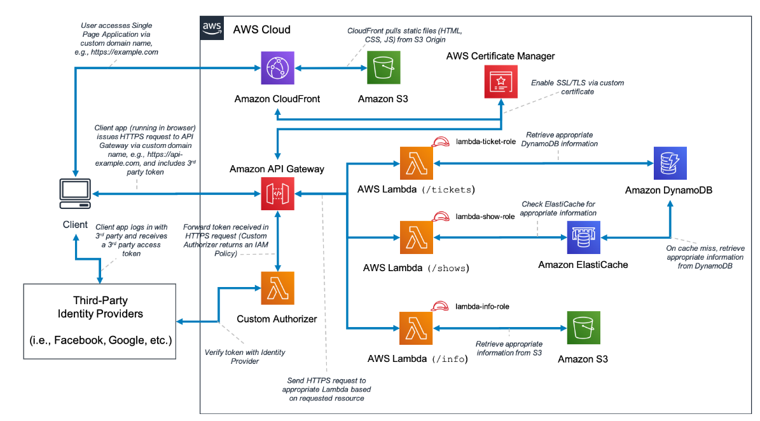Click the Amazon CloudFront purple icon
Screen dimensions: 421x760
(277, 68)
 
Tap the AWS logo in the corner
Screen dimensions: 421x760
(212, 28)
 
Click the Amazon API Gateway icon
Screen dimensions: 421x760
(277, 193)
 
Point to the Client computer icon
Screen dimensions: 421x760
(74, 194)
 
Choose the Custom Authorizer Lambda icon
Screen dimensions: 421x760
(277, 288)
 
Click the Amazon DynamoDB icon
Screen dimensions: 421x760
(671, 163)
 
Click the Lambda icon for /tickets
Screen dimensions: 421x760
(416, 163)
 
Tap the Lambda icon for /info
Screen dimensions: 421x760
(416, 328)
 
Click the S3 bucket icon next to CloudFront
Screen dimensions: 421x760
(383, 68)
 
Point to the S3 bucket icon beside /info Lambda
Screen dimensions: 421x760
(583, 328)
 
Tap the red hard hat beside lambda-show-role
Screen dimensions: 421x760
(440, 217)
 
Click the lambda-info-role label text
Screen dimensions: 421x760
(482, 306)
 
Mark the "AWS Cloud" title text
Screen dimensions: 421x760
(261, 29)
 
